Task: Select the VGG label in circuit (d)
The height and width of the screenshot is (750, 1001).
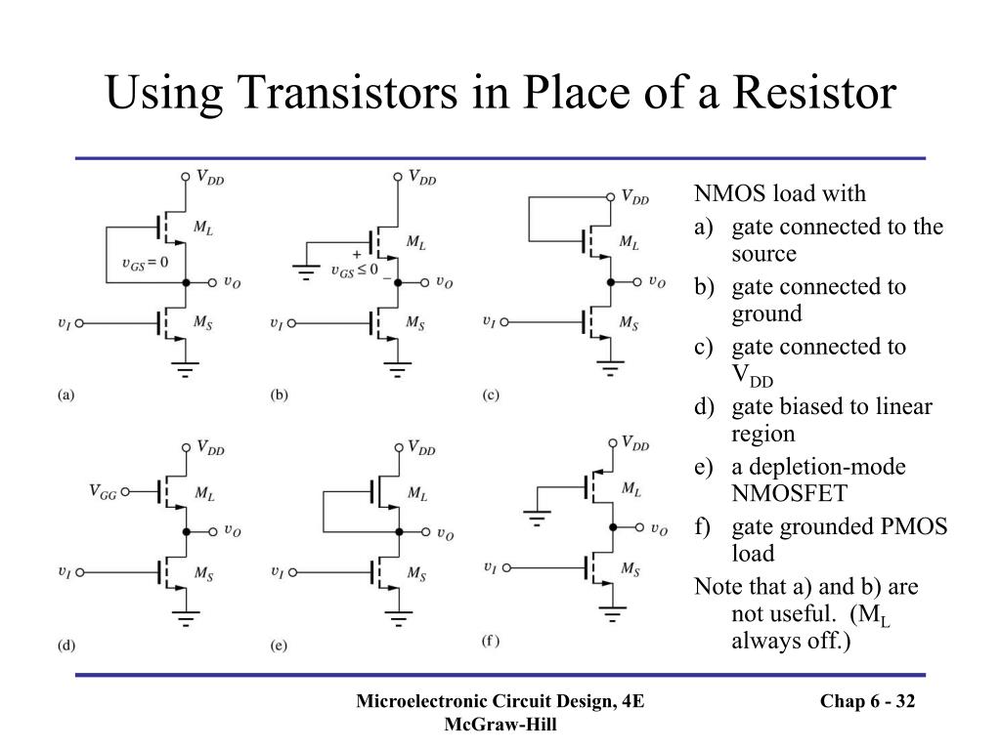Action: (x=103, y=494)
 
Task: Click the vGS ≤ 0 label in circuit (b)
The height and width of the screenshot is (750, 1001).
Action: (x=354, y=270)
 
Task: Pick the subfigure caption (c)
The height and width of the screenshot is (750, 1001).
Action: (x=490, y=396)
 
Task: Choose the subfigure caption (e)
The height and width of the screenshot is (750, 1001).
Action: (x=279, y=646)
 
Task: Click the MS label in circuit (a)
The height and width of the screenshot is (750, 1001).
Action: (x=203, y=322)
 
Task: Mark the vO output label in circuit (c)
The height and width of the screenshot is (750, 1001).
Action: (x=658, y=282)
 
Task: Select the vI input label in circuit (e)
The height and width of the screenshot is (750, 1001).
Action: (x=277, y=572)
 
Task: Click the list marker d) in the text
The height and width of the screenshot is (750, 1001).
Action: (x=704, y=407)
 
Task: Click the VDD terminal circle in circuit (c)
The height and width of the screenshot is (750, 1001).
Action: (x=612, y=196)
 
